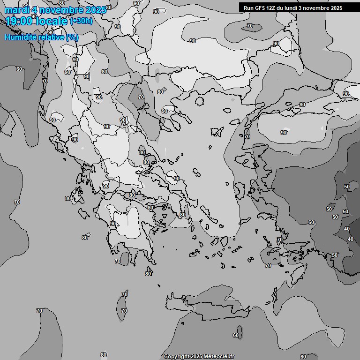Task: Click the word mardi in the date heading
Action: pyautogui.click(x=15, y=10)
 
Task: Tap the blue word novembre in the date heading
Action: pyautogui.click(x=57, y=10)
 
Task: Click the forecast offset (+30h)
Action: pyautogui.click(x=81, y=21)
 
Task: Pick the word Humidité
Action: pyautogui.click(x=19, y=37)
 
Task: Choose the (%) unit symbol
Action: pyautogui.click(x=72, y=37)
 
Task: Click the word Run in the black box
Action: pyautogui.click(x=248, y=8)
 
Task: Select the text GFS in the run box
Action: pyautogui.click(x=260, y=8)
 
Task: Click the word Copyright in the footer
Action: pyautogui.click(x=176, y=357)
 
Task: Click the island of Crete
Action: pyautogui.click(x=211, y=305)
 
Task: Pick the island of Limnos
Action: pyautogui.click(x=217, y=132)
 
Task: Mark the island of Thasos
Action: pyautogui.click(x=199, y=101)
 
